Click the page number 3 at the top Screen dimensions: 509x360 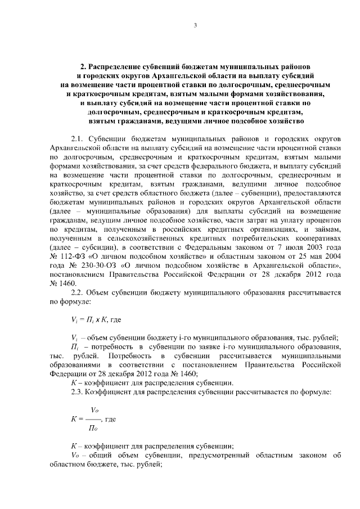(195, 24)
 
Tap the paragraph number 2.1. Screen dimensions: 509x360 (78, 138)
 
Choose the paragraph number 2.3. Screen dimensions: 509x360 (78, 391)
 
